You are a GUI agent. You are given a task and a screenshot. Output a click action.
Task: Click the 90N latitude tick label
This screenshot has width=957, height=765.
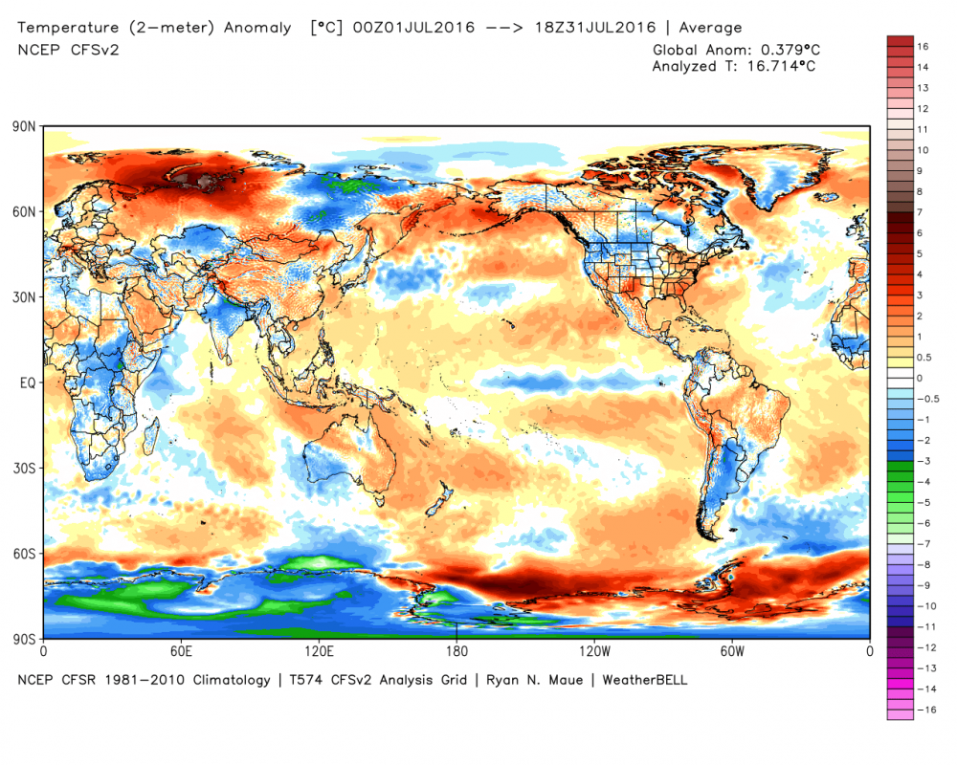point(25,126)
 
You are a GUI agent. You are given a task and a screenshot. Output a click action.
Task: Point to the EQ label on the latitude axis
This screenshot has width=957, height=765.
point(27,382)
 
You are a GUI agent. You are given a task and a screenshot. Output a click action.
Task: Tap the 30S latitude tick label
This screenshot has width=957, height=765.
point(25,468)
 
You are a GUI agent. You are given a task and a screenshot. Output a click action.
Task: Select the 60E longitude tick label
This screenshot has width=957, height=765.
point(182,652)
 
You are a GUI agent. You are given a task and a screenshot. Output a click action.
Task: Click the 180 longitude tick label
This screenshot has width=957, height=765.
point(456,652)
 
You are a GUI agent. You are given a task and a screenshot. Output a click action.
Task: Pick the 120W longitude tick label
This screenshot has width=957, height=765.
point(594,652)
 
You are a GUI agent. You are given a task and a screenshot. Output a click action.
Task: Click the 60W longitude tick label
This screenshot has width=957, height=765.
point(732,652)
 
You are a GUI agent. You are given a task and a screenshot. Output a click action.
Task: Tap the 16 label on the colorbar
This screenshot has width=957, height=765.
point(924,46)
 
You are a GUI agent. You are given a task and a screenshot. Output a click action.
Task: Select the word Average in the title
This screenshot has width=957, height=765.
point(709,27)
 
